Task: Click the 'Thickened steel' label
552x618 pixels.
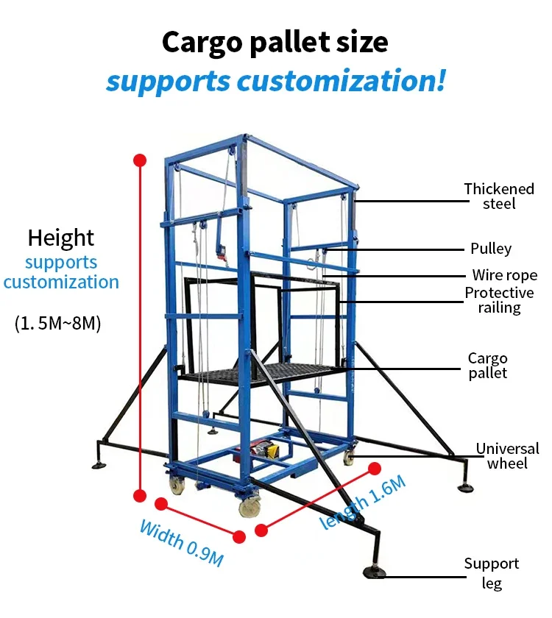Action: click(498, 196)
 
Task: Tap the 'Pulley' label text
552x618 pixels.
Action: click(491, 249)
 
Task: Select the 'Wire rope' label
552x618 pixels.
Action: click(505, 275)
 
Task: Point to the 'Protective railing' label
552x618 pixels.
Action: click(499, 300)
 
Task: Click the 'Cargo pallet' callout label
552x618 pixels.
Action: click(487, 366)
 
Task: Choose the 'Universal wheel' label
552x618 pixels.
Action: click(506, 455)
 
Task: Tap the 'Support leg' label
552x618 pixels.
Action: click(491, 573)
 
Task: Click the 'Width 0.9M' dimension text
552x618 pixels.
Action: click(180, 542)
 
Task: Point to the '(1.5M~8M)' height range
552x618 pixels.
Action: click(58, 322)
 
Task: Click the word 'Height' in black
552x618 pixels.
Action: click(61, 238)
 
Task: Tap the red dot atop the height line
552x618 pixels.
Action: click(140, 160)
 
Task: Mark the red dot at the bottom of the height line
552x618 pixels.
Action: click(140, 494)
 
